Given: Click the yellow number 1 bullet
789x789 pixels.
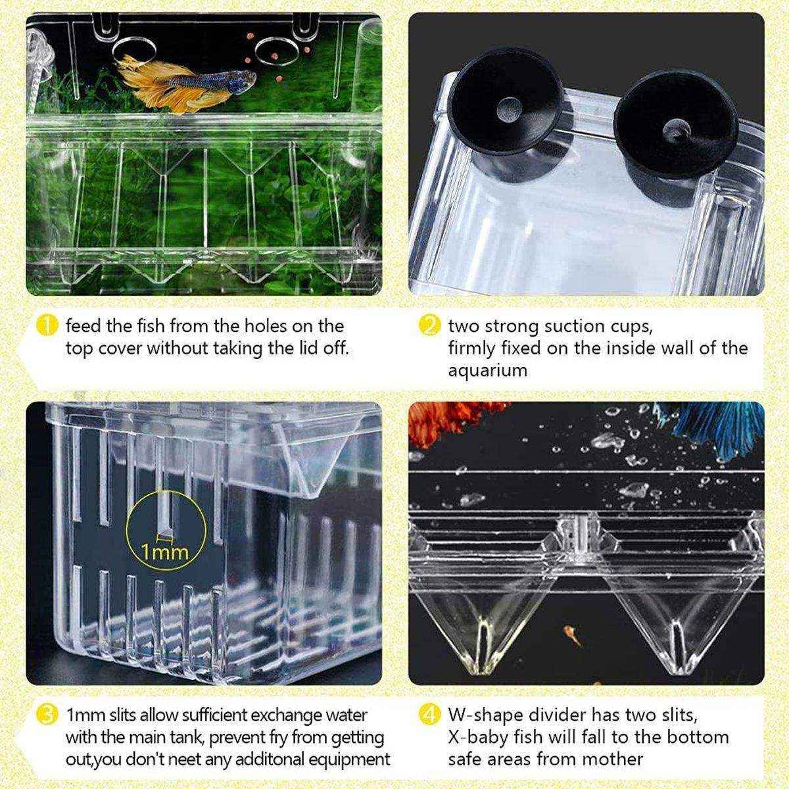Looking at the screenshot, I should [x=47, y=325].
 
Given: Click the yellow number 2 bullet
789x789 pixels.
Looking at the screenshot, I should [x=429, y=325].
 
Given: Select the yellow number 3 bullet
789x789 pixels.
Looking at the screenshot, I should [x=47, y=715].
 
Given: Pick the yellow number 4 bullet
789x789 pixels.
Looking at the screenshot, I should [x=429, y=715].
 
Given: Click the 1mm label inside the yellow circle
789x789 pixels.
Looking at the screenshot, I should [x=164, y=551].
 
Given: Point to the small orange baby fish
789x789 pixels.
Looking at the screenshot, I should [x=571, y=636].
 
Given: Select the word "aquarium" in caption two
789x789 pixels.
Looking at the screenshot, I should [x=487, y=370].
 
